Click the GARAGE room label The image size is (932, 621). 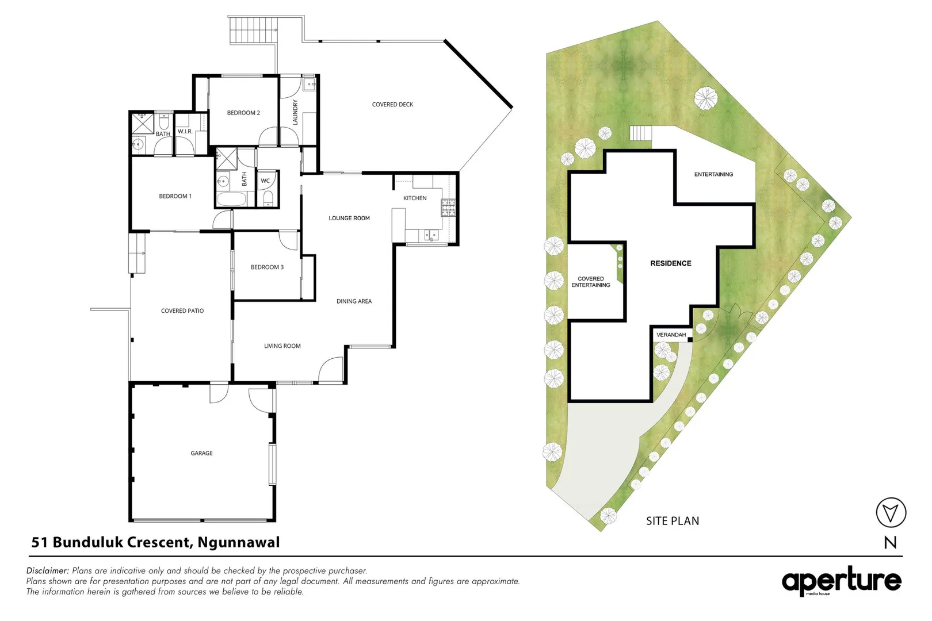[x=201, y=453]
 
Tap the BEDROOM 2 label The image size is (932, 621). [x=243, y=113]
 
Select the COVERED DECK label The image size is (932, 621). [x=392, y=105]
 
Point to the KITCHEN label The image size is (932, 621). [x=415, y=198]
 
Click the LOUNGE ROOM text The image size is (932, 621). [x=349, y=218]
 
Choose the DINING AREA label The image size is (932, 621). [x=354, y=301]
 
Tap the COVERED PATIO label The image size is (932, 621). [x=182, y=310]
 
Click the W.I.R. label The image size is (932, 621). [x=185, y=132]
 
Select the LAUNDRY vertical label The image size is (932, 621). [x=295, y=112]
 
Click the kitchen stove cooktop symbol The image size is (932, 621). [x=448, y=208]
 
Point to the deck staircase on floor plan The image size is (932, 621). [x=253, y=30]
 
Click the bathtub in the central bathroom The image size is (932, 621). [x=231, y=200]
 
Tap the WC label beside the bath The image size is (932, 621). [x=265, y=181]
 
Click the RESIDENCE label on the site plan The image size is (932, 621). [x=671, y=263]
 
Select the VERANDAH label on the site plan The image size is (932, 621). [x=671, y=335]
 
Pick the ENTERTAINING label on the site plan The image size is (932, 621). [x=713, y=174]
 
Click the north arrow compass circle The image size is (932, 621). [x=891, y=512]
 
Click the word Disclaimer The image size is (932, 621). [x=47, y=570]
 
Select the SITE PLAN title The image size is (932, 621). [x=673, y=521]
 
